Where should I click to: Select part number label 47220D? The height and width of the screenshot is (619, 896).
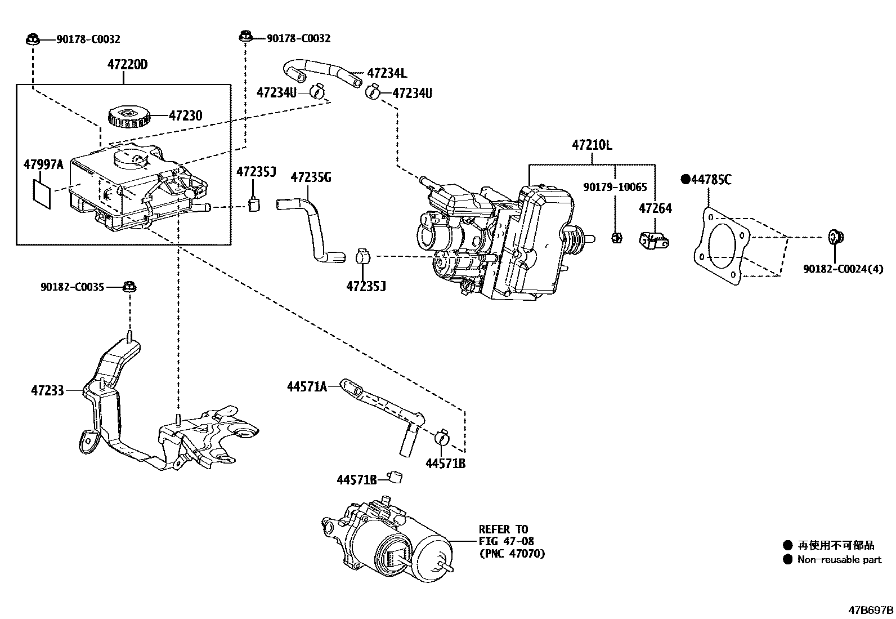point(128,65)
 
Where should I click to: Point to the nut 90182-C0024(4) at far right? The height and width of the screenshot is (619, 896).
point(834,237)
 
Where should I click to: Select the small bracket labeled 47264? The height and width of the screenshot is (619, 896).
point(653,241)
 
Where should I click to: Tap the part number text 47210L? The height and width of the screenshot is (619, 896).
point(592,145)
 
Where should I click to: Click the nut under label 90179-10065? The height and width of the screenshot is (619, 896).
point(616,237)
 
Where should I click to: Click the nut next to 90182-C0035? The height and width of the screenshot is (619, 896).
point(129,287)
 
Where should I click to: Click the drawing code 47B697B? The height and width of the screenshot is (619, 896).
point(871,609)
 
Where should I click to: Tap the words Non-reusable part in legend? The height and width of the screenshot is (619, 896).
point(839,559)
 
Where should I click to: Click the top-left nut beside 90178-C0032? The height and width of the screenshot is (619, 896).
point(32,39)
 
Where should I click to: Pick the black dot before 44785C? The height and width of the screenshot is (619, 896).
point(685,180)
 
